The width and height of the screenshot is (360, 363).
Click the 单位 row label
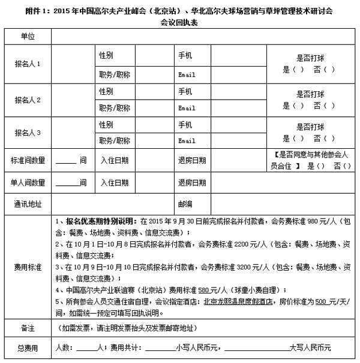tap(28, 37)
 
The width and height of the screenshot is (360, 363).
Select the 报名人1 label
tap(28, 65)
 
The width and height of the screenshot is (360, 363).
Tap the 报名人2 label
tap(28, 100)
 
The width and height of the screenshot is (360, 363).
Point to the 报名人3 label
tap(28, 133)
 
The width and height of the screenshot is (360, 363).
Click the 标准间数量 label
tap(28, 160)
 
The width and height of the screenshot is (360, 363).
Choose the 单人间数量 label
tap(28, 182)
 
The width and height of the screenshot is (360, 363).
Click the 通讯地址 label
tap(28, 204)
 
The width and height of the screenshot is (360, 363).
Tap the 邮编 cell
tap(184, 204)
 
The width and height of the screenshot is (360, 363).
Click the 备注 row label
tap(28, 329)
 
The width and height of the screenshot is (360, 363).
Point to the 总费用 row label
tap(28, 347)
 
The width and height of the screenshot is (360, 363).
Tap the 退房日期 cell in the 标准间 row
tap(192, 160)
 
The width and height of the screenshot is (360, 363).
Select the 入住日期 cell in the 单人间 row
tap(114, 182)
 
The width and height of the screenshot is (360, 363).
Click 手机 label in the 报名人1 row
tap(185, 55)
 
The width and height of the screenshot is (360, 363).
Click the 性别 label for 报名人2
tap(106, 91)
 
